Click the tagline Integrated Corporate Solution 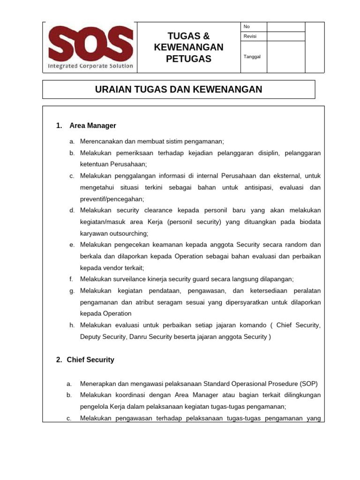pos(90,66)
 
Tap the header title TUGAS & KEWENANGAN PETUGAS pos(189,47)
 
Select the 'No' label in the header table pos(247,27)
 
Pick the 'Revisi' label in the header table pos(250,37)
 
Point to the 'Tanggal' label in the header pos(252,57)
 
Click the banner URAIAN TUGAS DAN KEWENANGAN pos(179,89)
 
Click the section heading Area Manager pos(92,126)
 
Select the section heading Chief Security pos(90,360)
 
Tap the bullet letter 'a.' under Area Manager pos(72,141)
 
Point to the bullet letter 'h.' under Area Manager pos(72,325)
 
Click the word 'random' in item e pos(298,245)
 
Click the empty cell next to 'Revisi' pos(286,37)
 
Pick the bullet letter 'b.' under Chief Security pos(69,395)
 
